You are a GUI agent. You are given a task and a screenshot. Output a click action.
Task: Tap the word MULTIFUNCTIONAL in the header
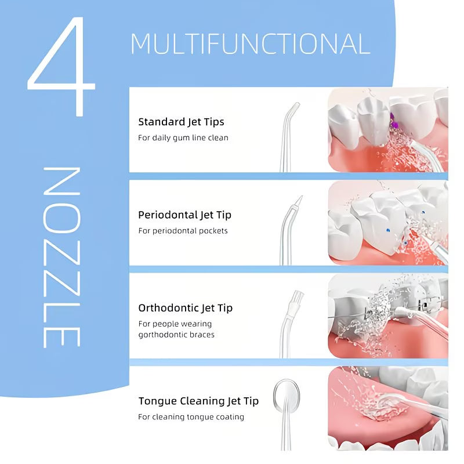pos(250,45)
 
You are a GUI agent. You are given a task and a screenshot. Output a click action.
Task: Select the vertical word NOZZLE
pos(61,258)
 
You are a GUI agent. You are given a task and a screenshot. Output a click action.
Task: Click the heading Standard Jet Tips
pos(181,122)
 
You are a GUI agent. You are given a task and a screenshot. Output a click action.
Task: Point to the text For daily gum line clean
pos(183,138)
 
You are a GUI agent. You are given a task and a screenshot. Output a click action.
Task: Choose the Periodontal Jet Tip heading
pos(184,215)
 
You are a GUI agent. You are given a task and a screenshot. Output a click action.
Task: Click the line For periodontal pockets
pos(183,231)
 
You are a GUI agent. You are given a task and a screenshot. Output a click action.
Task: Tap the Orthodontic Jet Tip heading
pos(185,307)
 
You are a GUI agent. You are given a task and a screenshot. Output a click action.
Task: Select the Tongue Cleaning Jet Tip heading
pos(198,401)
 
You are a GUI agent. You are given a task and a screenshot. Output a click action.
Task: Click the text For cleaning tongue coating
pos(191,417)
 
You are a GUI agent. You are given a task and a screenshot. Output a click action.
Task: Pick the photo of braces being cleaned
pos(387,316)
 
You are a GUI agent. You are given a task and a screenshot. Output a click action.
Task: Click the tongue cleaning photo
pos(387,408)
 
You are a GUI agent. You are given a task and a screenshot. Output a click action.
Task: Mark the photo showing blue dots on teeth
pos(387,223)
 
